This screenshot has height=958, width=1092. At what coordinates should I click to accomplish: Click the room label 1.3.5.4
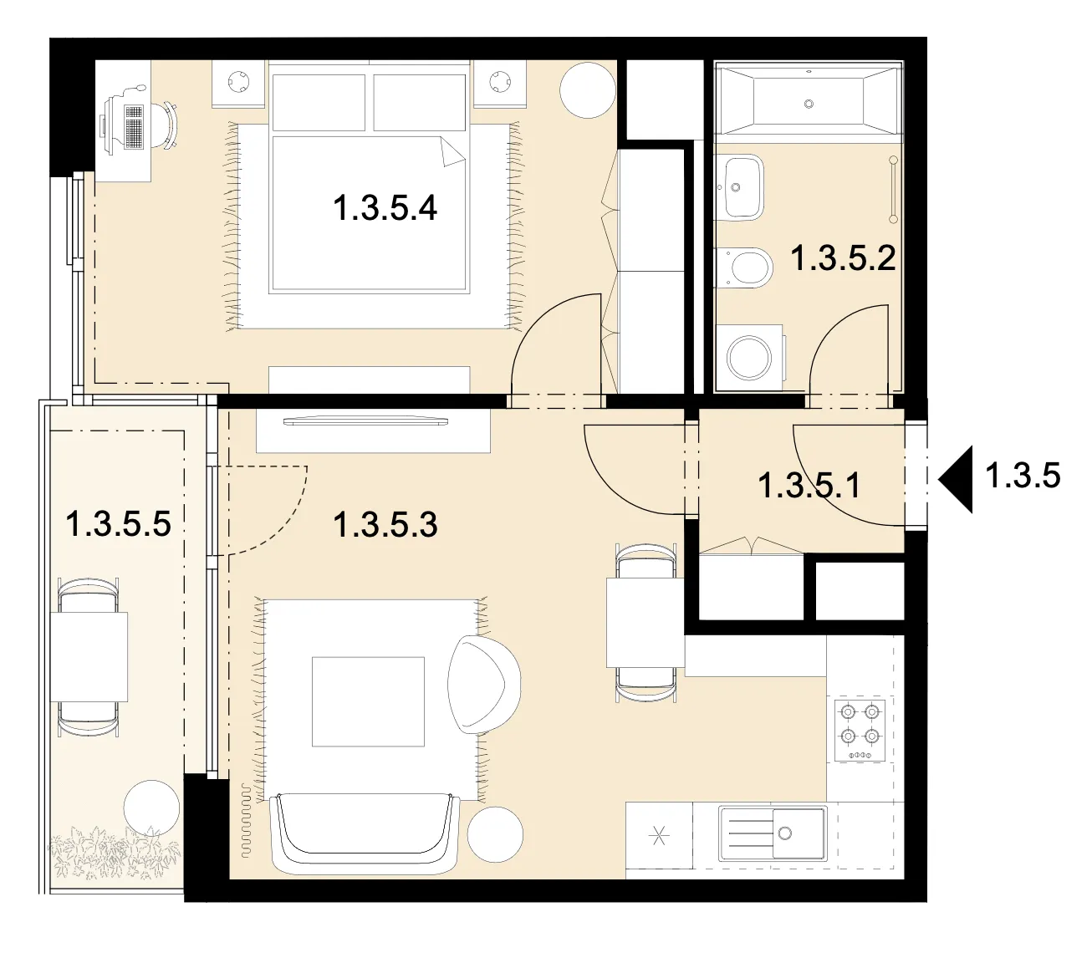pos(385,208)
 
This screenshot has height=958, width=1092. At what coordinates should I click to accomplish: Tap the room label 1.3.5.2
pos(843,257)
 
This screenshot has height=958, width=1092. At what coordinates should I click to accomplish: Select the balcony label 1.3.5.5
pos(118,523)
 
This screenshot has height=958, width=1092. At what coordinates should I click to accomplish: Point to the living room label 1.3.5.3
pos(385,525)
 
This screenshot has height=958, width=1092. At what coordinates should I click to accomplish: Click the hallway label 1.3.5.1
pos(809,485)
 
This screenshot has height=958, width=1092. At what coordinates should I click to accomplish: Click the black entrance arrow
pos(956,479)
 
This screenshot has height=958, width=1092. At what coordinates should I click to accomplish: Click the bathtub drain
pos(809,104)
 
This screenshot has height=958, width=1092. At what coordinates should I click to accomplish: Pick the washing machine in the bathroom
pos(750,358)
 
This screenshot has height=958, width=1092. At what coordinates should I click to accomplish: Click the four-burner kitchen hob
pos(860,730)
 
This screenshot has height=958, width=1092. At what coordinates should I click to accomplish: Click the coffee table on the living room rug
pos(368,701)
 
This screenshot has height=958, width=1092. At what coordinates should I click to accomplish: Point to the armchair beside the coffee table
pos(483,685)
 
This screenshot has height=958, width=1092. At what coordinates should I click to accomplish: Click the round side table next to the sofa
pos(495,834)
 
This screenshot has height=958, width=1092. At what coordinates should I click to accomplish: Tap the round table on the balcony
pos(151,808)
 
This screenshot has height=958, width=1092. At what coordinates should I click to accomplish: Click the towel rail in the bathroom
pos(892,189)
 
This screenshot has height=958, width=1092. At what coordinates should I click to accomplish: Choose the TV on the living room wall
pos(366,421)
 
